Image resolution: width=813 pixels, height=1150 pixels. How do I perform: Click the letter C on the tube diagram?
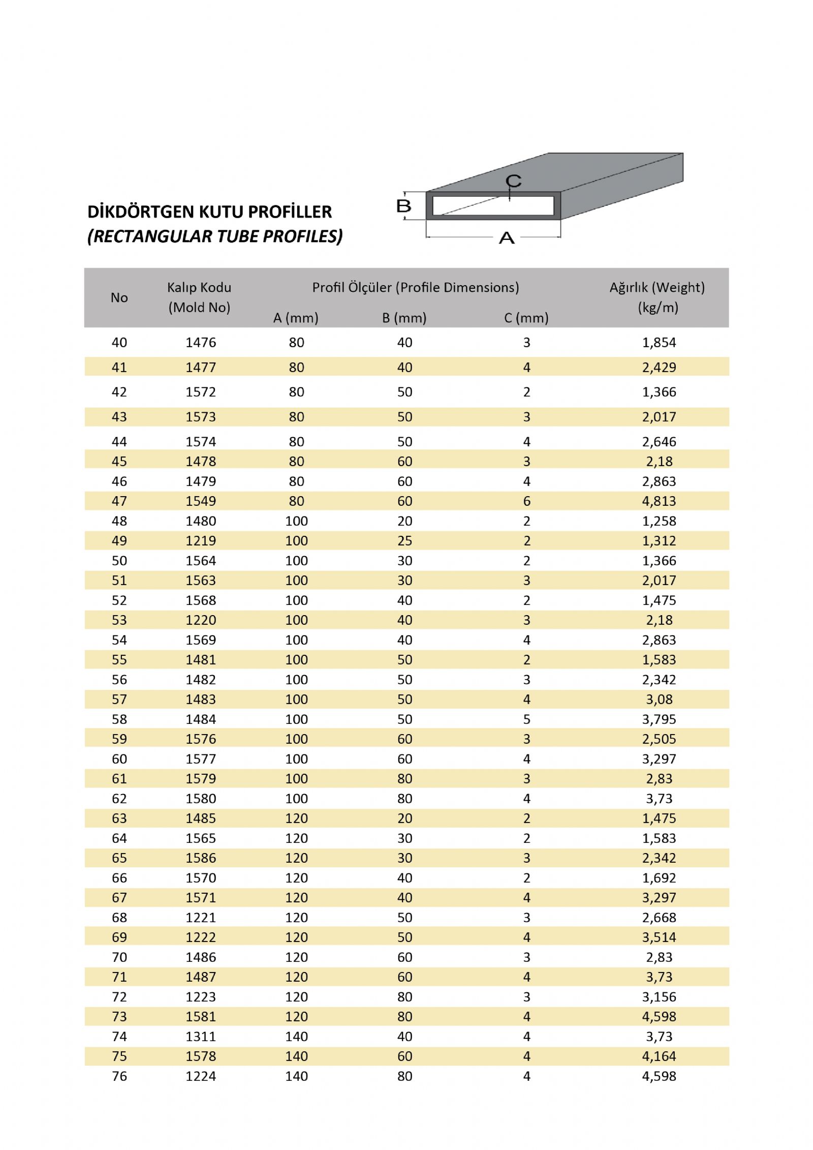coord(514,180)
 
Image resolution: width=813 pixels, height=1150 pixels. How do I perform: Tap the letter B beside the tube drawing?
coord(403,206)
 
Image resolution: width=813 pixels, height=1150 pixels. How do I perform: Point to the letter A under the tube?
coord(507,237)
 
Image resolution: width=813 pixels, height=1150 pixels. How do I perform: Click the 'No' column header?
coord(119,297)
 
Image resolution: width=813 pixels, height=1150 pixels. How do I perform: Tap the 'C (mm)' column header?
coord(526,318)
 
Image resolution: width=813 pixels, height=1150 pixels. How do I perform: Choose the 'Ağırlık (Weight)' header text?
coord(657,287)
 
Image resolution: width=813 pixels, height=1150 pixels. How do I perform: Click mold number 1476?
coord(201,342)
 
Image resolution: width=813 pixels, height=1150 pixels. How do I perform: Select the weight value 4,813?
coord(659,501)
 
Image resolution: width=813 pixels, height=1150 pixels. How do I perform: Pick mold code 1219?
coord(201,540)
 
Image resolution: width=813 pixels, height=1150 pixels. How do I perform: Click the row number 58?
coord(119,719)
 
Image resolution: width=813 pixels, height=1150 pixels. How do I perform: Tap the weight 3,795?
coord(659,719)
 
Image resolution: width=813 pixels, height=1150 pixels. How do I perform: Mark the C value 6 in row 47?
coord(526,501)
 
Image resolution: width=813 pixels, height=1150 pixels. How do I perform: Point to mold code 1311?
coord(201,1036)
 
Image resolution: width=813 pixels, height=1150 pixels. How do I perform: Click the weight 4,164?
coord(659,1056)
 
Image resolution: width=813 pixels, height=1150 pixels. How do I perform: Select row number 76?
coord(119,1076)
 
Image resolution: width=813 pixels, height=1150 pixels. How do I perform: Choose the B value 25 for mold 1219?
coord(404,540)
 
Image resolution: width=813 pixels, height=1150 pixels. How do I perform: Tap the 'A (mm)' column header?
coord(296,318)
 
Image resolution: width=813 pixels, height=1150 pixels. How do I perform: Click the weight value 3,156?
coord(659,996)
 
